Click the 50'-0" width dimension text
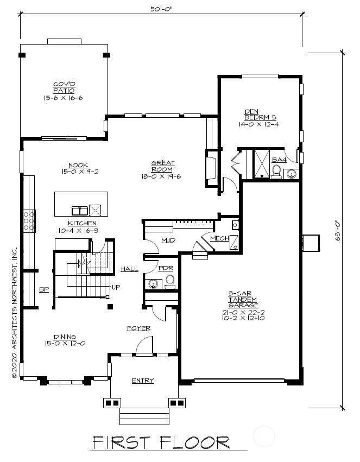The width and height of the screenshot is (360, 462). pyautogui.click(x=161, y=9)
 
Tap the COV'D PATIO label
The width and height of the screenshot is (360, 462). pyautogui.click(x=64, y=87)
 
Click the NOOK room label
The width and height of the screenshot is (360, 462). pyautogui.click(x=78, y=165)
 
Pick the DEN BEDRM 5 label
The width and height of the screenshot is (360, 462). pyautogui.click(x=260, y=115)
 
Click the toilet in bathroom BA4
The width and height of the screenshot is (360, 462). pyautogui.click(x=276, y=172)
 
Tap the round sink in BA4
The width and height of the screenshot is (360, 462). pyautogui.click(x=292, y=174)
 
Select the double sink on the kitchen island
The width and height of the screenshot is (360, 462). pyautogui.click(x=80, y=211)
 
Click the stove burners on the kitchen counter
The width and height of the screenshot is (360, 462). pyautogui.click(x=29, y=221)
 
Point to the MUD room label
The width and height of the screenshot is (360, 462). pyautogui.click(x=168, y=241)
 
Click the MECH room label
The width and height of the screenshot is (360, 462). pyautogui.click(x=219, y=238)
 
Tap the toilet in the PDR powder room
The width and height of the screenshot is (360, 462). pyautogui.click(x=170, y=282)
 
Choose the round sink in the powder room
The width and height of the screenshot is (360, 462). pyautogui.click(x=153, y=284)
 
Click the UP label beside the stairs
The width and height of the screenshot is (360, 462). pyautogui.click(x=116, y=287)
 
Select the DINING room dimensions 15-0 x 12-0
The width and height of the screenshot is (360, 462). pyautogui.click(x=65, y=343)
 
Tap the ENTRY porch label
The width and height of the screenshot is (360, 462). pyautogui.click(x=143, y=381)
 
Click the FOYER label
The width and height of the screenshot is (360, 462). pyautogui.click(x=139, y=328)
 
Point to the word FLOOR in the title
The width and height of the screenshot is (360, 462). pyautogui.click(x=195, y=442)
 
